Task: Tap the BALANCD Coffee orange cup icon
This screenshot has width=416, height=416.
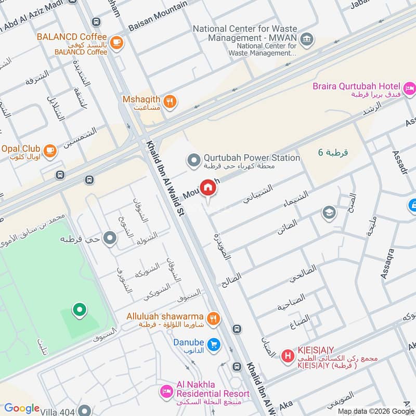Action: click(x=117, y=41)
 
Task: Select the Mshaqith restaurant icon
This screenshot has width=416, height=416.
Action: click(x=170, y=102)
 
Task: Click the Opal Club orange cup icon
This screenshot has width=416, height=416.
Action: click(x=49, y=150)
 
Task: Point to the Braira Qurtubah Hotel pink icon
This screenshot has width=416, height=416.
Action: click(x=410, y=88)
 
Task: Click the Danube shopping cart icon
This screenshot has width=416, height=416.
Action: click(x=213, y=344)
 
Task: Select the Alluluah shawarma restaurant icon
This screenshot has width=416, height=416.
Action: click(x=213, y=319)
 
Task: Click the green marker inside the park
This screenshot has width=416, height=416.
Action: click(x=79, y=310)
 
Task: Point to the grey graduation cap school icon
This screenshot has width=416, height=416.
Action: click(x=328, y=212)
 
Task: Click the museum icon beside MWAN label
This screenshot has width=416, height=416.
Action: click(x=307, y=38)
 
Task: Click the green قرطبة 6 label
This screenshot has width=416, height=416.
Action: click(x=333, y=152)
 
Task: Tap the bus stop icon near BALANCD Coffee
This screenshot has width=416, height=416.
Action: click(x=96, y=22)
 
